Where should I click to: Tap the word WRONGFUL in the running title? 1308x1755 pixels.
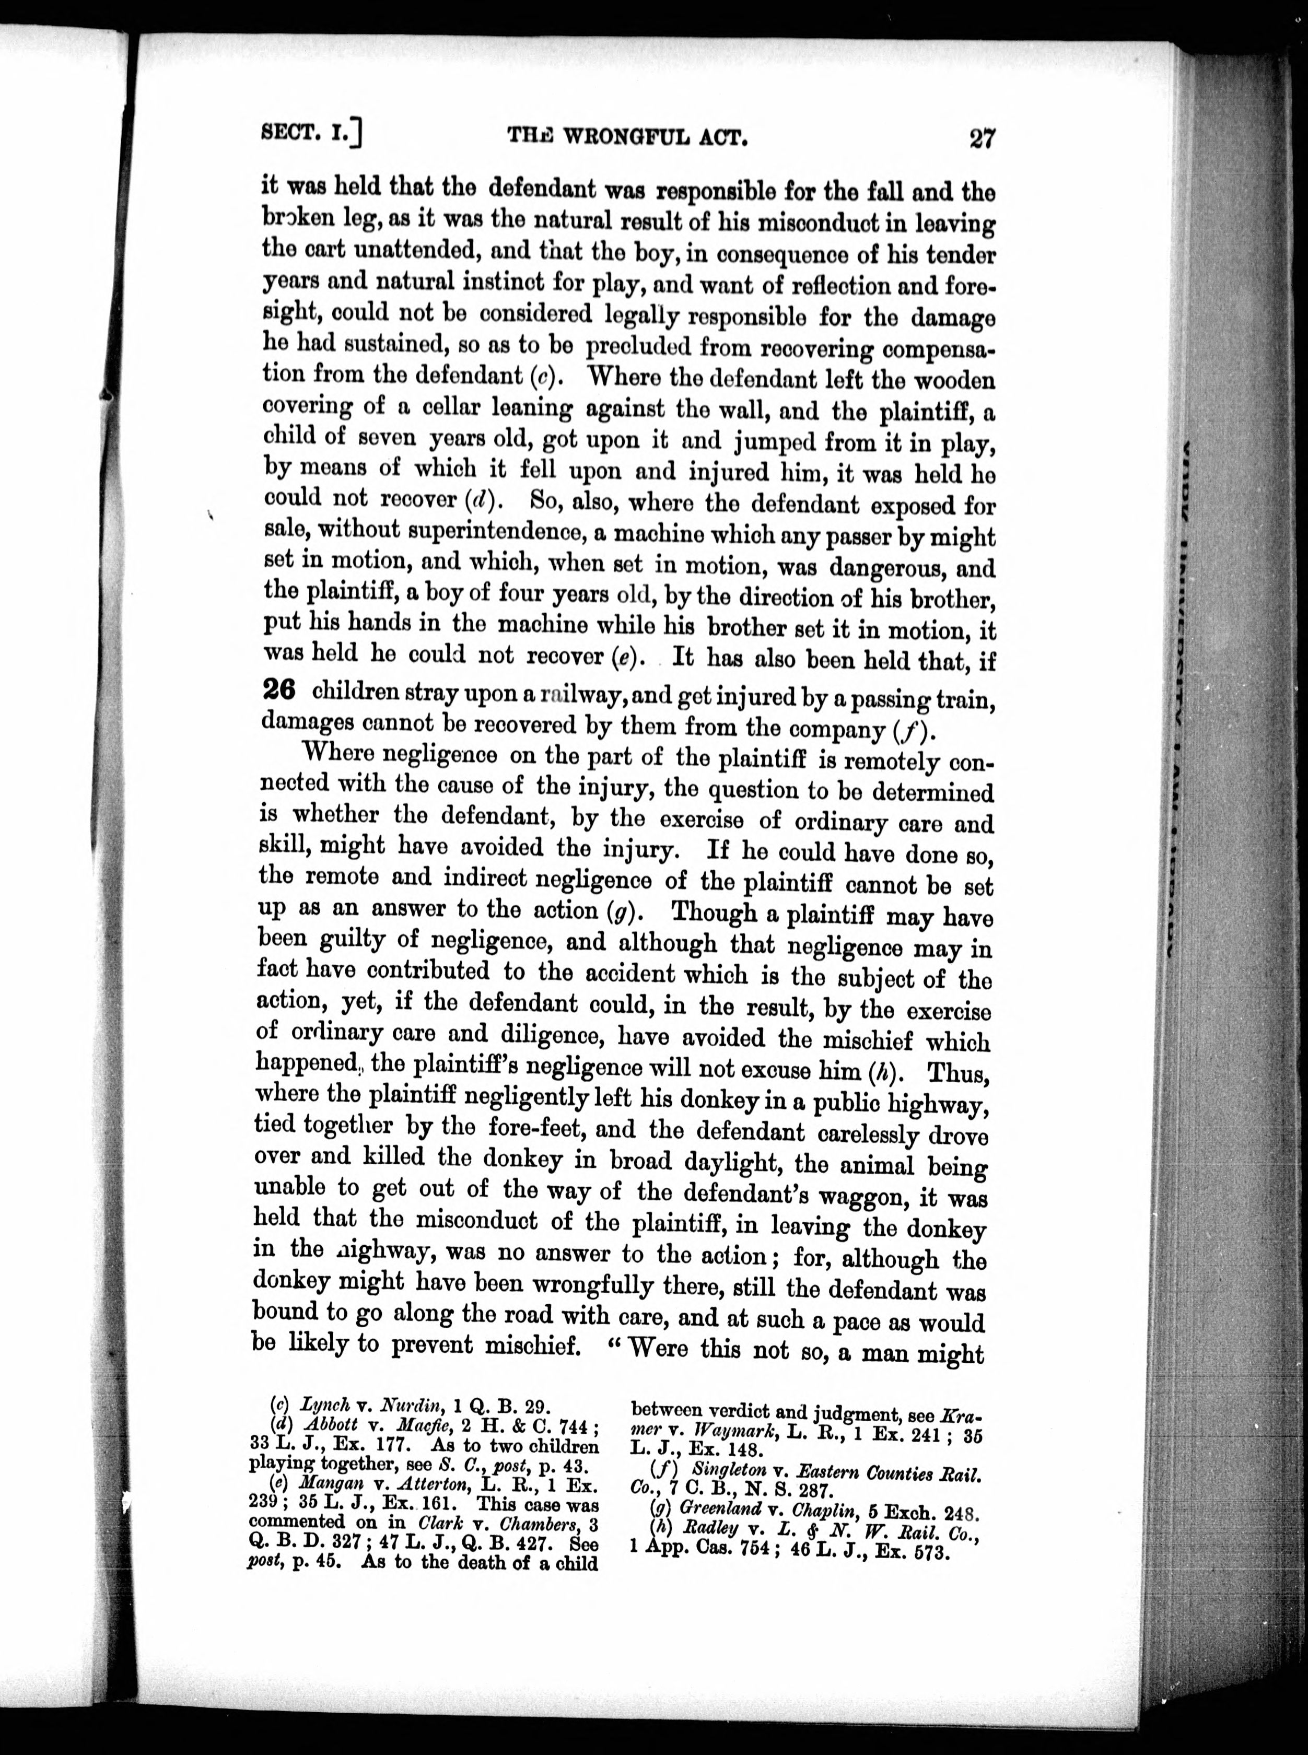627,138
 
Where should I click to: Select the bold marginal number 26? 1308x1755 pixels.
278,691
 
